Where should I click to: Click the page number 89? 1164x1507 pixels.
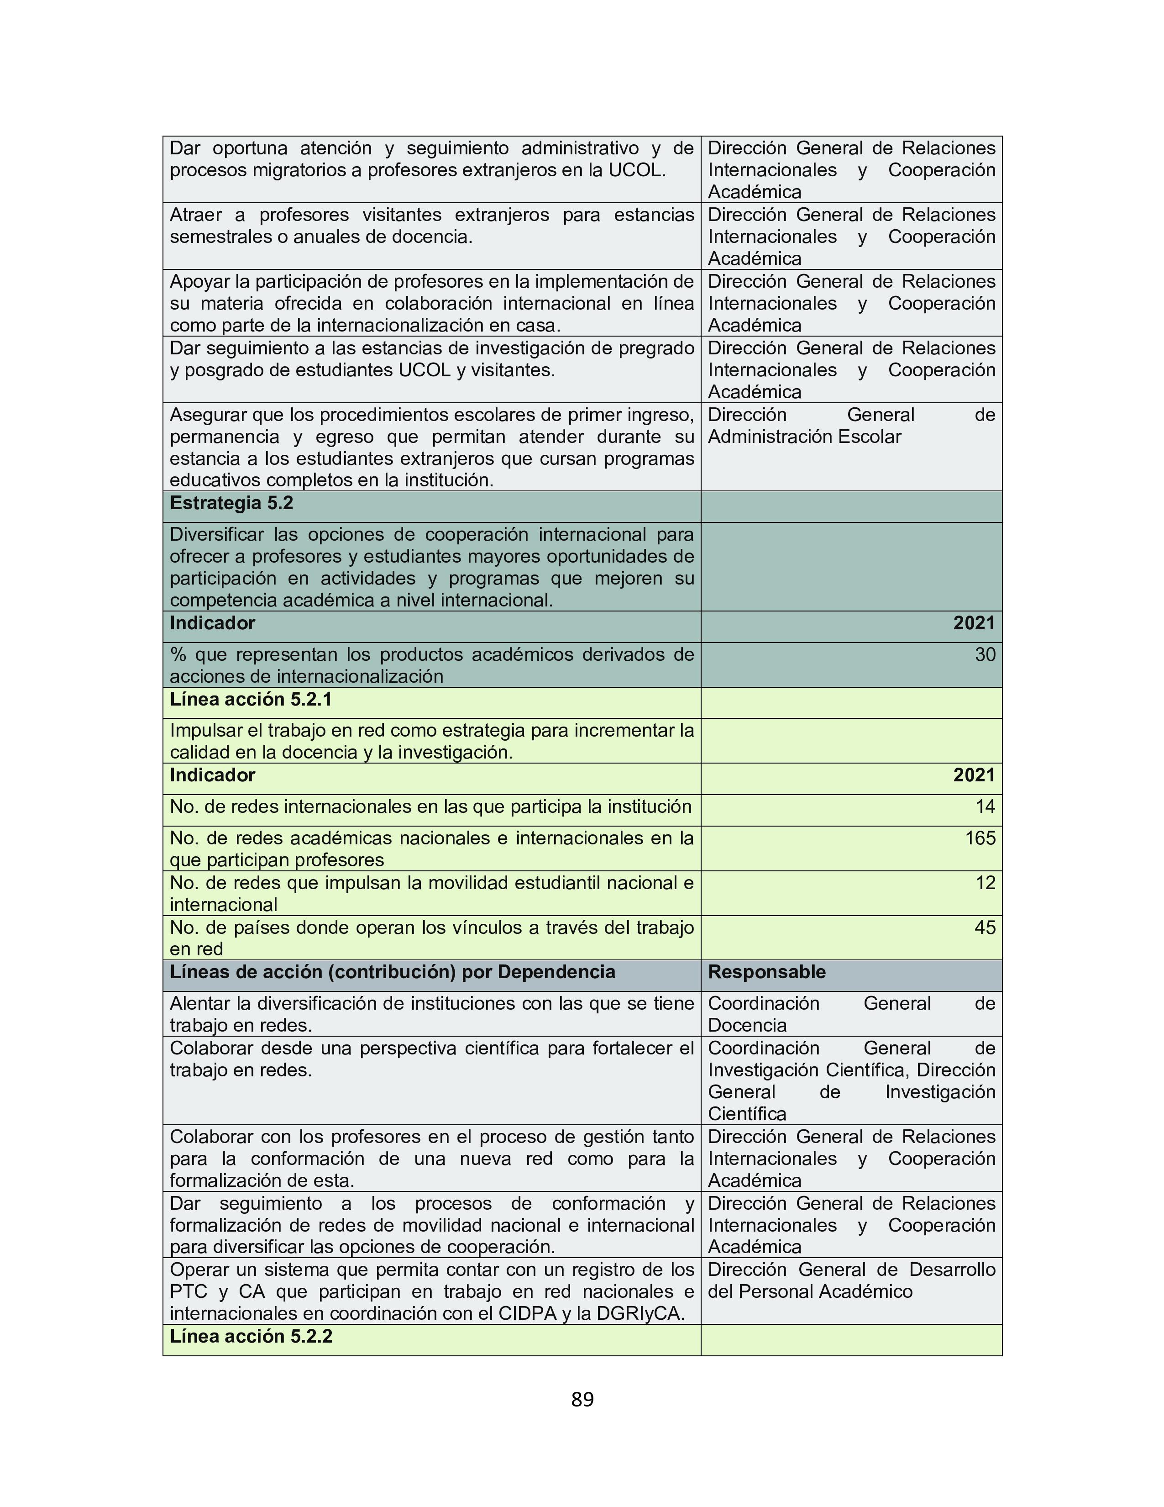tap(582, 1399)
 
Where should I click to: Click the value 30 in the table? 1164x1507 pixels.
tap(985, 655)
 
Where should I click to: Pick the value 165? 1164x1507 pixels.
tap(980, 838)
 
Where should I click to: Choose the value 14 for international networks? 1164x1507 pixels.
tap(985, 806)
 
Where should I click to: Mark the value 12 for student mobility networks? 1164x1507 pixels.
tap(985, 883)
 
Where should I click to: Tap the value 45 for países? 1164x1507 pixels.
tap(985, 927)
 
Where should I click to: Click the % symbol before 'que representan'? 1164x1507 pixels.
tap(178, 655)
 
